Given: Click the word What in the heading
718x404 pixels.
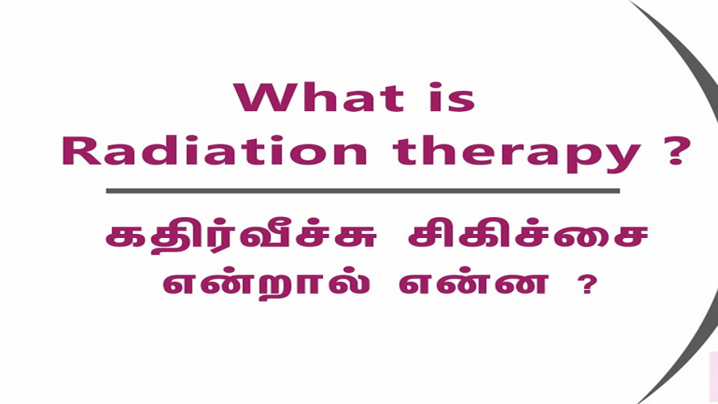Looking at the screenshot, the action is (x=318, y=97).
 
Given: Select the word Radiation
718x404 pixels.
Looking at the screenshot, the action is (x=215, y=150).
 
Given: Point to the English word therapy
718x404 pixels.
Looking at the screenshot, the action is (x=516, y=153).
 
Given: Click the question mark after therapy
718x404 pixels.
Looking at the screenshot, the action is (x=676, y=150).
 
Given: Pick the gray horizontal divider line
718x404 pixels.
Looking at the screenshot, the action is (x=363, y=191).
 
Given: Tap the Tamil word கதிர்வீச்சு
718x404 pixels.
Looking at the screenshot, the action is (x=241, y=237).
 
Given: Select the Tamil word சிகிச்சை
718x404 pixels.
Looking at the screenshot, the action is (x=528, y=237).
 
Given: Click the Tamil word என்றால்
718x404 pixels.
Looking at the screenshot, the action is (x=266, y=285).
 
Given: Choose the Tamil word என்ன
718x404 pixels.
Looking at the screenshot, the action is (x=473, y=284).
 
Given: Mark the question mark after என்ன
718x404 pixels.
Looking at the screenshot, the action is (x=587, y=284).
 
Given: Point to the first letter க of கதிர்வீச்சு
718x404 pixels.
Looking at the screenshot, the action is (x=124, y=237).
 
